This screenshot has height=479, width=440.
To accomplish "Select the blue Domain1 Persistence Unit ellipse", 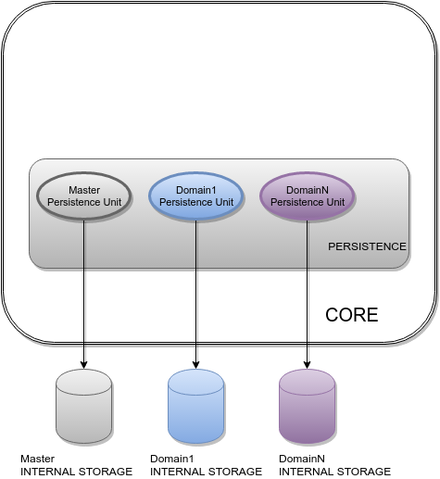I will (x=195, y=196).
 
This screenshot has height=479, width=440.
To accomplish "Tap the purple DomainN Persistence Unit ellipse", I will (x=307, y=196).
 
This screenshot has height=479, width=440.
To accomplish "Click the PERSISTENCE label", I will (x=367, y=246).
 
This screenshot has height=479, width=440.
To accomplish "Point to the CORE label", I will (x=351, y=315).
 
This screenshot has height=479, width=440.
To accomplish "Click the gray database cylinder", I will (x=84, y=407).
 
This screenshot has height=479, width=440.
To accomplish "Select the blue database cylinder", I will (x=195, y=407).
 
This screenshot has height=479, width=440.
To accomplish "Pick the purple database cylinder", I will (x=307, y=407).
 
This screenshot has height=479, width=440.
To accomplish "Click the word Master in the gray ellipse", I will (x=84, y=190).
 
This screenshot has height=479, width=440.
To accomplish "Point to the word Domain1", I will (x=195, y=190).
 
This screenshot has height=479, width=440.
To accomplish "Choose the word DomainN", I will (x=307, y=190).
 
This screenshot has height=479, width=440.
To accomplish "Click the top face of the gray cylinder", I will (x=84, y=379).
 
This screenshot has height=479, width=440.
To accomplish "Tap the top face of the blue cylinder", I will (x=195, y=379).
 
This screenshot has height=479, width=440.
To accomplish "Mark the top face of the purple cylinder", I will (x=307, y=379).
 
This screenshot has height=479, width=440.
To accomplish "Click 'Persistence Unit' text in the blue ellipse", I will (x=195, y=202).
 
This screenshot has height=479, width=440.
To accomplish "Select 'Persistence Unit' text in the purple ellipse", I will (x=307, y=202).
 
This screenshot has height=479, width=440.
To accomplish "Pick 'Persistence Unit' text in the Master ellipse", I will (x=84, y=202).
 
